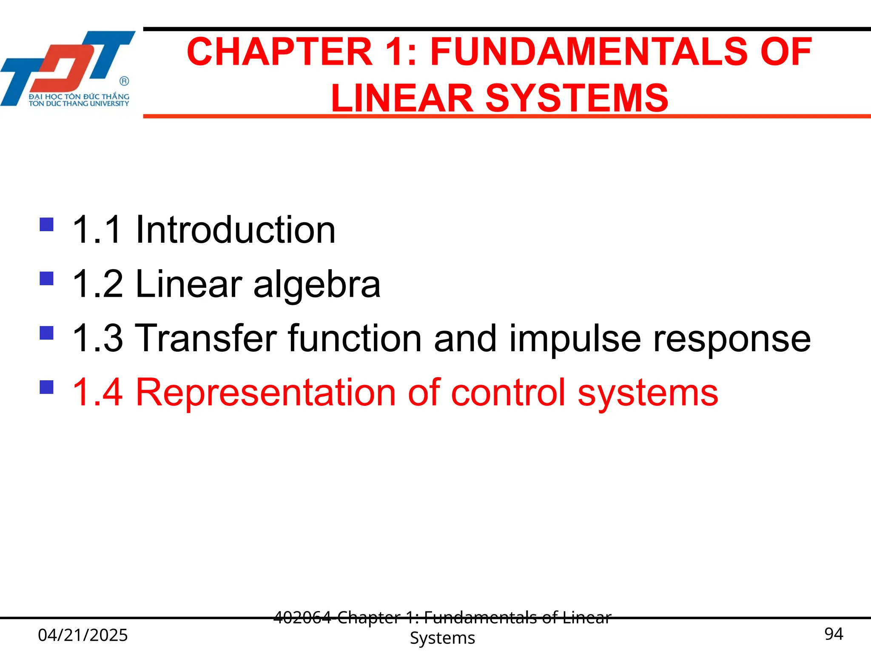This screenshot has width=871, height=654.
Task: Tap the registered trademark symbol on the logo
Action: [124, 81]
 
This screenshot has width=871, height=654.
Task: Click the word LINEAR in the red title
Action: [402, 98]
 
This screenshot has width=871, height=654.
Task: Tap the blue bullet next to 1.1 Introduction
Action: [46, 224]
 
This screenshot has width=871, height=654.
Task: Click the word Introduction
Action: [235, 230]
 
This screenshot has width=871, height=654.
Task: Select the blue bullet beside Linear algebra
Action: [46, 278]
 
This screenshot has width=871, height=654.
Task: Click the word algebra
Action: [317, 284]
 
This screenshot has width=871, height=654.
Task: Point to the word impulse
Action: [575, 339]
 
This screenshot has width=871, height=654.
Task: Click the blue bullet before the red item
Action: [46, 387]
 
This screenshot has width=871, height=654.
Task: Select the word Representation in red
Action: [265, 393]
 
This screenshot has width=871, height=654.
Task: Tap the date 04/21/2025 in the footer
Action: [83, 635]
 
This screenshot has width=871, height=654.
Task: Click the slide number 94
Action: [834, 634]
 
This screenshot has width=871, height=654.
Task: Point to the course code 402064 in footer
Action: [302, 617]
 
